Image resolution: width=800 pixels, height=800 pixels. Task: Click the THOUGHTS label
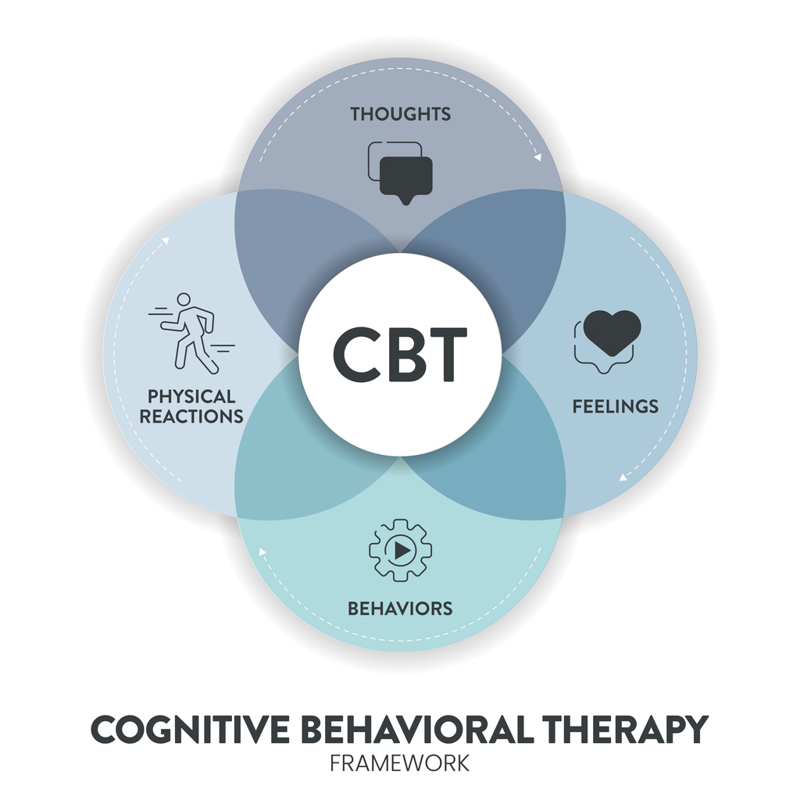pos(401,114)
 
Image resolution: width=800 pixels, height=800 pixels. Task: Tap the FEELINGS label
pos(616,406)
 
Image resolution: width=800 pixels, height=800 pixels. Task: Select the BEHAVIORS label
pos(400,608)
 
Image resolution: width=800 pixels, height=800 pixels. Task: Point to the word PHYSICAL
pos(191,396)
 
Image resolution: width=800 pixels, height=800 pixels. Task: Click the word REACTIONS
pos(191,416)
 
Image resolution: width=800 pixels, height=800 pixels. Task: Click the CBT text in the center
pos(400,355)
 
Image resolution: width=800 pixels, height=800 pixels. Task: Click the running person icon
pos(192,333)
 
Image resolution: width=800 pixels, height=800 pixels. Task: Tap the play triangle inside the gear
pos(402,551)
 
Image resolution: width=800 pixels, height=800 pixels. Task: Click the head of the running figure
pos(184,299)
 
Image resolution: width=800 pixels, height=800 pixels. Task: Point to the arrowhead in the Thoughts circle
pos(537,158)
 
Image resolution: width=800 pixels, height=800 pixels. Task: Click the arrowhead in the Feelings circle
pos(623,477)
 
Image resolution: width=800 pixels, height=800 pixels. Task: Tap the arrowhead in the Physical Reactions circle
pos(166,241)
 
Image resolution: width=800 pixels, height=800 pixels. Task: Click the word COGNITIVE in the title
pos(191,730)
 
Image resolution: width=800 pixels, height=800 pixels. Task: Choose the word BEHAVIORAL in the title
pos(417,730)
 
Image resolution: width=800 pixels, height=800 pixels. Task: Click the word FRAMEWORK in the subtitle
pos(399,764)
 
